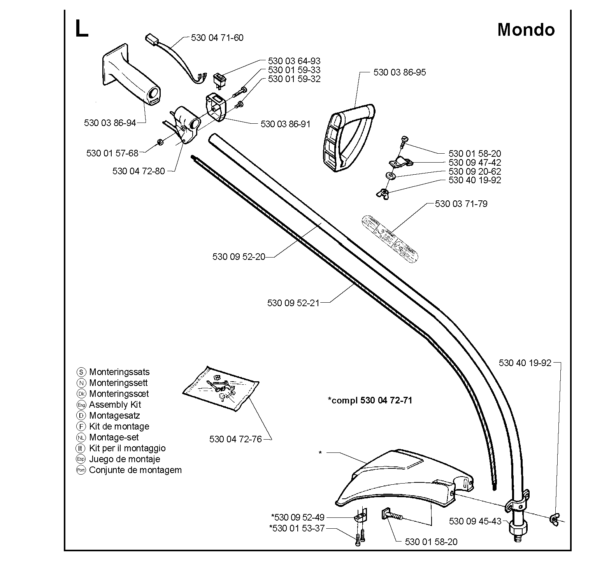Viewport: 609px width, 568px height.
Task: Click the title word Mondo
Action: (526, 30)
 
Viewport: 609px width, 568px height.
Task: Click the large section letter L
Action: (81, 29)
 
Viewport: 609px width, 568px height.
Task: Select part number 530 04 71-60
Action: (217, 38)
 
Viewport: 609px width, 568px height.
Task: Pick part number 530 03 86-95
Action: (400, 72)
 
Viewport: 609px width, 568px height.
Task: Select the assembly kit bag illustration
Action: (221, 388)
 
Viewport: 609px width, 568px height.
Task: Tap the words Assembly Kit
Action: (115, 405)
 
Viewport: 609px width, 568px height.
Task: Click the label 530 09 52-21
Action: (293, 303)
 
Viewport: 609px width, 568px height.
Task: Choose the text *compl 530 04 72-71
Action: (370, 400)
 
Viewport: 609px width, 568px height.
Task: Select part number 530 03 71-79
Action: (461, 204)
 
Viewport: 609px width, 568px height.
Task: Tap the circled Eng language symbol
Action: (81, 405)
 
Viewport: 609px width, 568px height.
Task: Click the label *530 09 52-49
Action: (298, 517)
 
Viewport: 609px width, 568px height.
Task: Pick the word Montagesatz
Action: (115, 415)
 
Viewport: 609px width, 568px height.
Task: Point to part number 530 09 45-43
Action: (475, 521)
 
